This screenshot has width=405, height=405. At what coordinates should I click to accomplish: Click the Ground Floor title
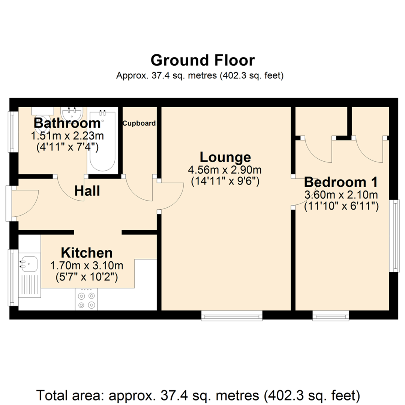(x=202, y=60)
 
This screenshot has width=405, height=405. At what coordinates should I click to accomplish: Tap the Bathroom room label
(x=67, y=123)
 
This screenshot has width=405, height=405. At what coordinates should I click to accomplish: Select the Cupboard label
(x=139, y=123)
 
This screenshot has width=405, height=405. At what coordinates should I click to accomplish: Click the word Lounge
(x=225, y=157)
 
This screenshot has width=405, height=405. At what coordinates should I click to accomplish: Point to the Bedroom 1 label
(x=340, y=182)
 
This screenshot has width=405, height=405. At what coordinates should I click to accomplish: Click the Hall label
(x=87, y=191)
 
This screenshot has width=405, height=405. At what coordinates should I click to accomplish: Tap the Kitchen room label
(x=87, y=252)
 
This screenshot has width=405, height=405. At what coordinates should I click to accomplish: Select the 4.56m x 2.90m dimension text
(x=225, y=170)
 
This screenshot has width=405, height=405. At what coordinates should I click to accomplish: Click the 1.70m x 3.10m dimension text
(x=87, y=266)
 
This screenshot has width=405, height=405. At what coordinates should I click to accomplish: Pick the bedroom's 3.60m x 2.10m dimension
(x=340, y=195)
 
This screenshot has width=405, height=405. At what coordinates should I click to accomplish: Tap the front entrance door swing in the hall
(x=24, y=202)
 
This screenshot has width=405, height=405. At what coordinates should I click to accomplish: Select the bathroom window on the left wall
(x=12, y=132)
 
